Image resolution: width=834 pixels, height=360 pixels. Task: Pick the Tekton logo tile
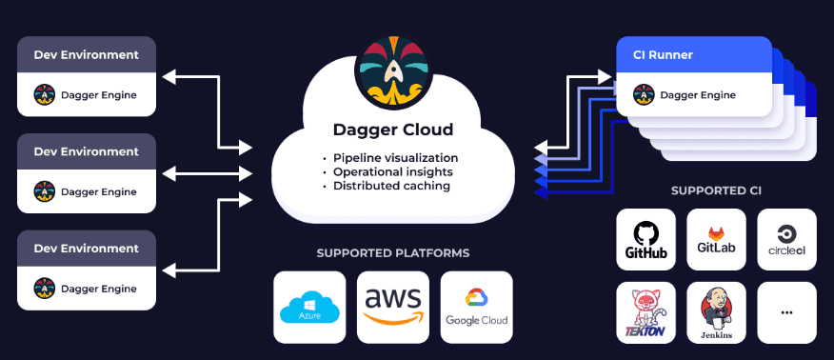645,312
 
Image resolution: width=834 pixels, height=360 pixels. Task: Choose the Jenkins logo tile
716,312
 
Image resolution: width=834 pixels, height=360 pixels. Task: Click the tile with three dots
786,312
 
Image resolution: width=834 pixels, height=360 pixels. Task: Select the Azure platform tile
308,307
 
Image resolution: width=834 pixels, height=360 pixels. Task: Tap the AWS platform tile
392,307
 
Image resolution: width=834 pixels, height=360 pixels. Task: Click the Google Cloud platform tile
476,307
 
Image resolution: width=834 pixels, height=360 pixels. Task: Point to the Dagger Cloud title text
392,130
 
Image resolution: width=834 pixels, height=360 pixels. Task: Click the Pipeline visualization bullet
395,157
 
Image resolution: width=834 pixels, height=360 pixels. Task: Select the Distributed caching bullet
391,186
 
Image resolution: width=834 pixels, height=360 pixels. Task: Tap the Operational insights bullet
392,171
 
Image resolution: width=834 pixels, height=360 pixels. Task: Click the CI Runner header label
663,54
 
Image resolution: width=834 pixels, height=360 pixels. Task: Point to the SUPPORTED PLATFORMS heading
392,253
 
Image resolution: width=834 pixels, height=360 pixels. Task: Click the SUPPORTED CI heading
716,190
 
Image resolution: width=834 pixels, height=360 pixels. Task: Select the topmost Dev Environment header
86,54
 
